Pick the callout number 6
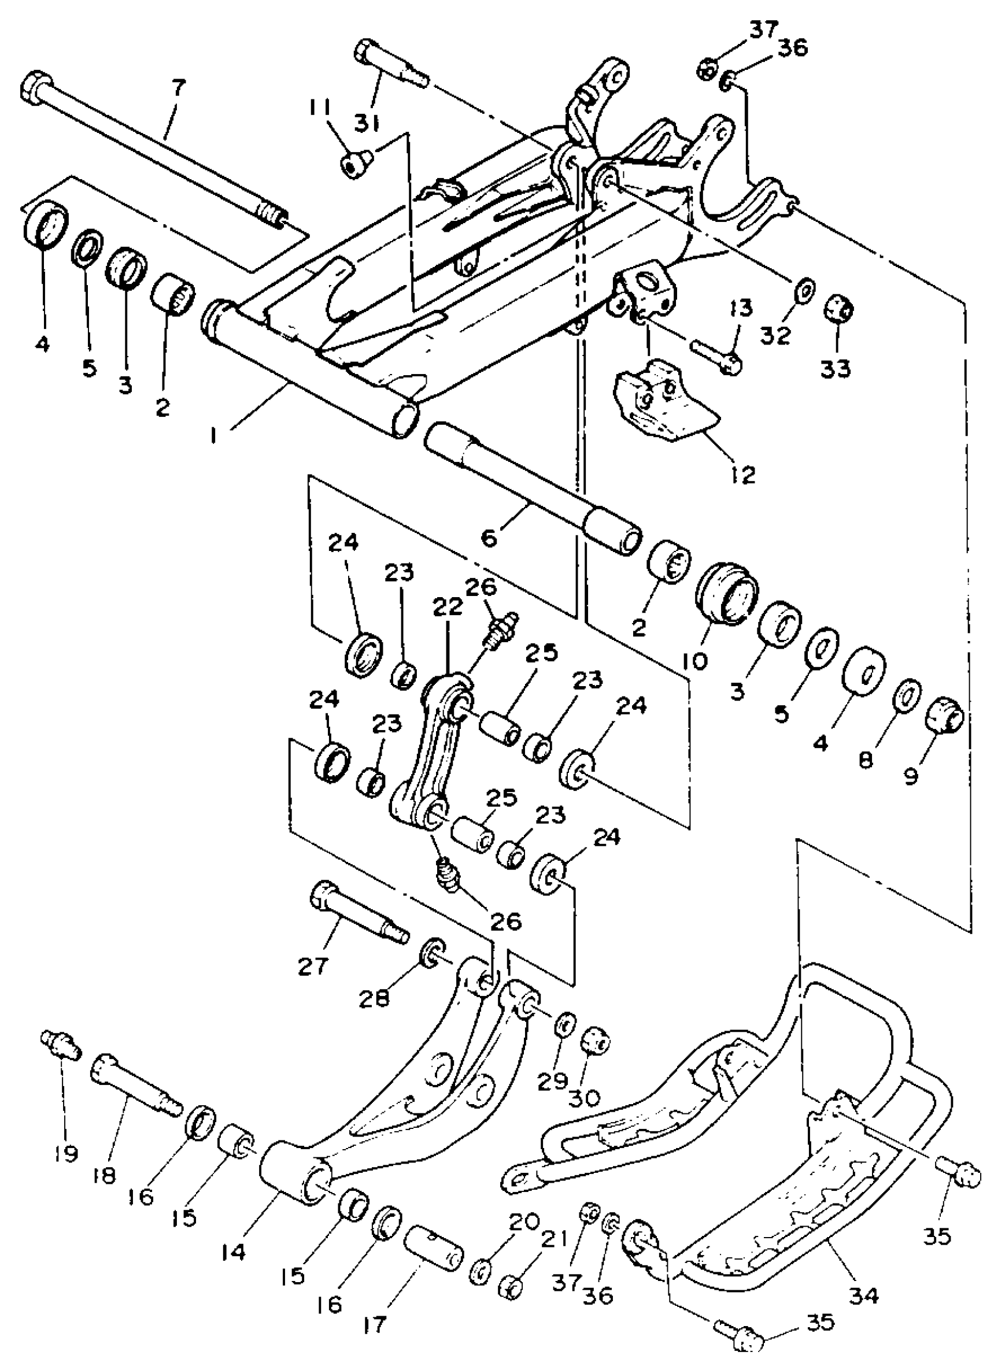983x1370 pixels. tap(488, 537)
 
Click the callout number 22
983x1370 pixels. tap(448, 606)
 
